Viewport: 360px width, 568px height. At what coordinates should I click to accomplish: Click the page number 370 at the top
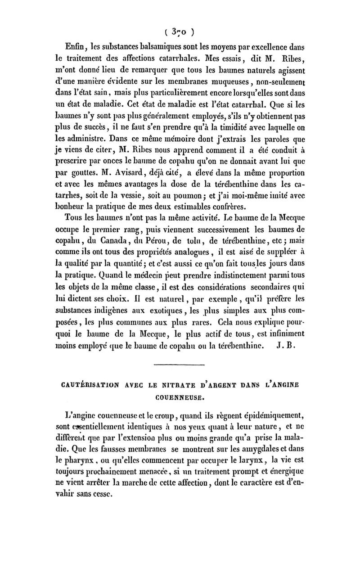pos(180,32)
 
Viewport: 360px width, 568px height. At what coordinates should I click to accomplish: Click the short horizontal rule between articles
pos(180,364)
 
